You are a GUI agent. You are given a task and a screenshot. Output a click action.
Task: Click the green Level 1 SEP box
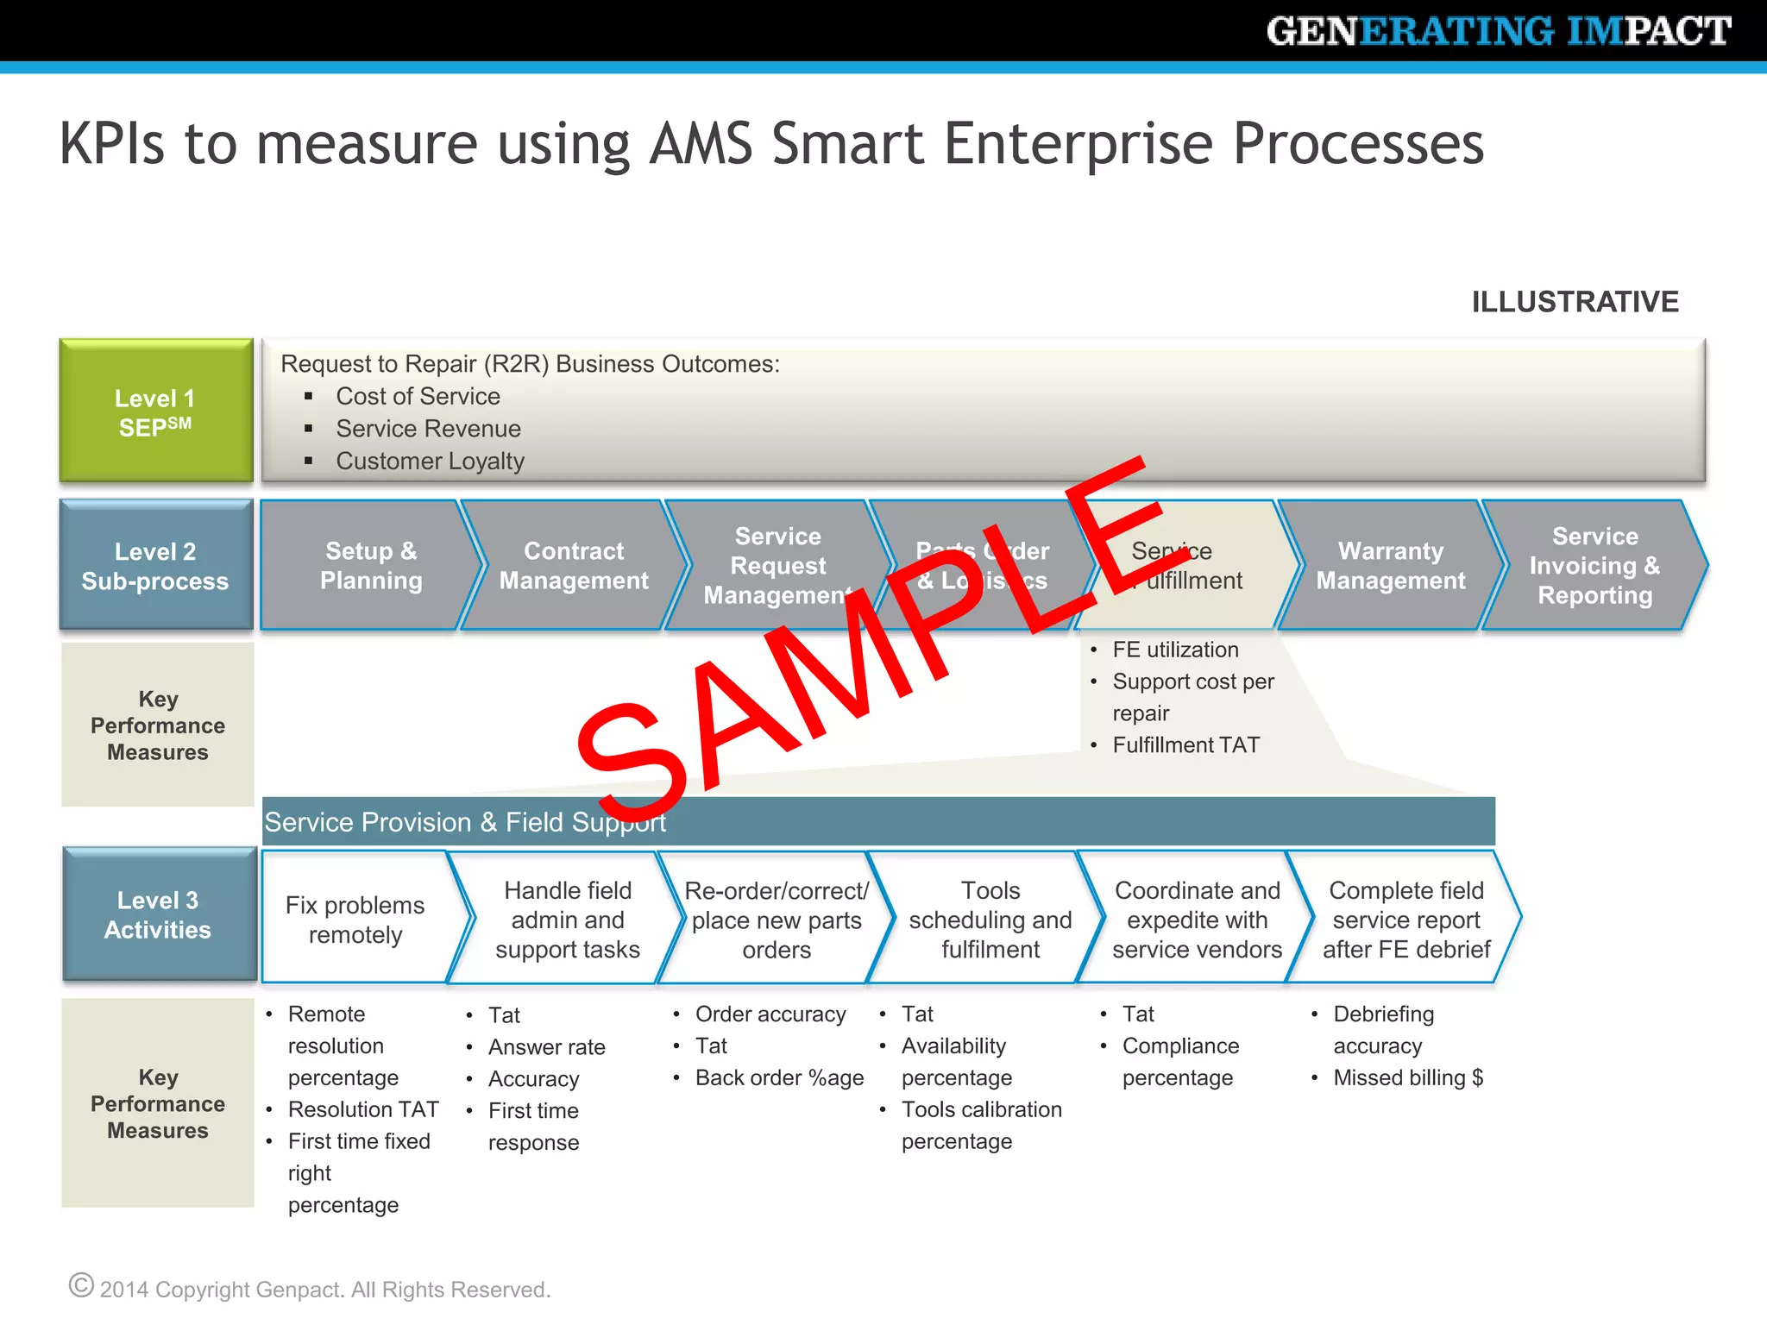point(156,411)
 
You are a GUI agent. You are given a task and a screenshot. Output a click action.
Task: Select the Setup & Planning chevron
point(370,565)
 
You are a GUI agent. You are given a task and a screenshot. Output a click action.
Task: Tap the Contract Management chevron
point(573,565)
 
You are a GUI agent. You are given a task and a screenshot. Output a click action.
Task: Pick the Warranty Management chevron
point(1390,565)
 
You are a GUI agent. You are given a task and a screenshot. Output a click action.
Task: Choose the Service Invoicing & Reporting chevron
point(1594,565)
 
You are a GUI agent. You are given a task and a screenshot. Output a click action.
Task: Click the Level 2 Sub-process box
point(156,565)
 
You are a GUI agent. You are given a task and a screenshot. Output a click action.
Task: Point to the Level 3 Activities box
point(159,914)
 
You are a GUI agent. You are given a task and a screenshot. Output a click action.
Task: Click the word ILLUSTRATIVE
point(1575,302)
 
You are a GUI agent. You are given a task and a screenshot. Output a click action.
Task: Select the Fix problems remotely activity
point(355,920)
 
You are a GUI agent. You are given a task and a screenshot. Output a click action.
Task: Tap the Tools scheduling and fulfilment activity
point(990,920)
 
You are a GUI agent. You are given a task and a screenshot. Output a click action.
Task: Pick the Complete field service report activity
point(1405,920)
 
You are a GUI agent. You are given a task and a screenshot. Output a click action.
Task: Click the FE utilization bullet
point(1175,650)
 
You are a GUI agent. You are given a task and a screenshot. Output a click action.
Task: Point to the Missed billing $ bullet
point(1408,1077)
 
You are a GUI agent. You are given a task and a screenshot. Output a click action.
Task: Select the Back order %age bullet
point(779,1077)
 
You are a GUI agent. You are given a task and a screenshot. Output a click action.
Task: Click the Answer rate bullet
point(546,1047)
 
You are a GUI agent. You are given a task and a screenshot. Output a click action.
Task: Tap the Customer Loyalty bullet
point(430,462)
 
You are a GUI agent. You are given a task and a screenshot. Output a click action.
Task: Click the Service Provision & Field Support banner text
point(465,822)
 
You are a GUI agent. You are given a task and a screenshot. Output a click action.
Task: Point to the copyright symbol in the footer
point(81,1285)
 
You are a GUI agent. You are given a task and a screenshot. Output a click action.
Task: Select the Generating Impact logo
point(1498,31)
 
